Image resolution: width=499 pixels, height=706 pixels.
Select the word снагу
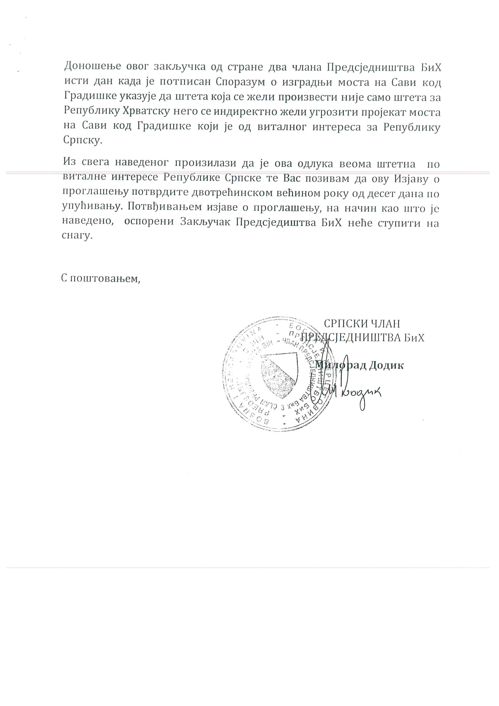tap(77, 236)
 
